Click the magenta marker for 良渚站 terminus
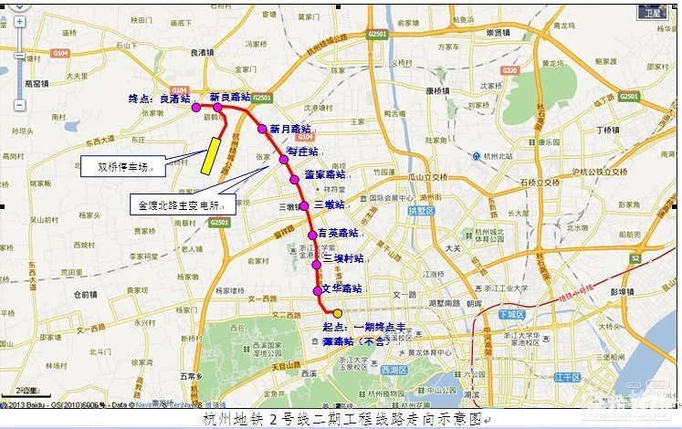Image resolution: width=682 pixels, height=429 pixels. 195,107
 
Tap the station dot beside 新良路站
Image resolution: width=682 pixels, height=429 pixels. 217,107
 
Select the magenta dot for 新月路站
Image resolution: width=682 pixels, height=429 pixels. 261,129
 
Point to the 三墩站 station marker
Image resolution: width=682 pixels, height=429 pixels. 304,205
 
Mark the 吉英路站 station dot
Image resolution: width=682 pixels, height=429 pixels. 312,235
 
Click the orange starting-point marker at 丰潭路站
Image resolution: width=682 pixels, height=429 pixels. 337,313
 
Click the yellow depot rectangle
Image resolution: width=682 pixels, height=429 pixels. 212,154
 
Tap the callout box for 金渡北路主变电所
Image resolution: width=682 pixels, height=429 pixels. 182,206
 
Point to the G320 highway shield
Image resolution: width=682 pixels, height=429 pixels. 509,70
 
